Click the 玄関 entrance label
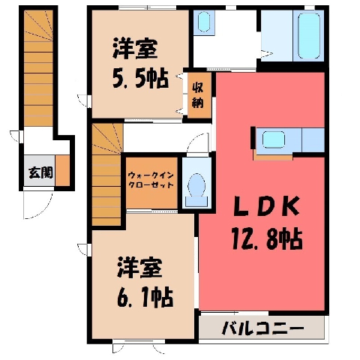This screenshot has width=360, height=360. (x=40, y=172)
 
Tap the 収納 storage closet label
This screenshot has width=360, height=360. (x=198, y=94)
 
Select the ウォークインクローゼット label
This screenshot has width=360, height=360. (x=151, y=180)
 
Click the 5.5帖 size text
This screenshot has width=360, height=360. (x=140, y=79)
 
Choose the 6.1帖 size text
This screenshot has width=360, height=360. (x=145, y=298)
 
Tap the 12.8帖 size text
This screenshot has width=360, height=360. (x=267, y=239)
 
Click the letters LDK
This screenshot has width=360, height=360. (x=266, y=206)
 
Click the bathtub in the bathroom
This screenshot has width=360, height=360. (x=309, y=35)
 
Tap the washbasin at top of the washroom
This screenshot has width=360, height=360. (x=204, y=22)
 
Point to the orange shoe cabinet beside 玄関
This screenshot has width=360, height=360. (x=62, y=170)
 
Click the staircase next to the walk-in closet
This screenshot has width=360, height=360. (x=107, y=175)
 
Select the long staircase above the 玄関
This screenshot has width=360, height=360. (x=39, y=68)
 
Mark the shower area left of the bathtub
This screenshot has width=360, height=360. (x=277, y=35)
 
